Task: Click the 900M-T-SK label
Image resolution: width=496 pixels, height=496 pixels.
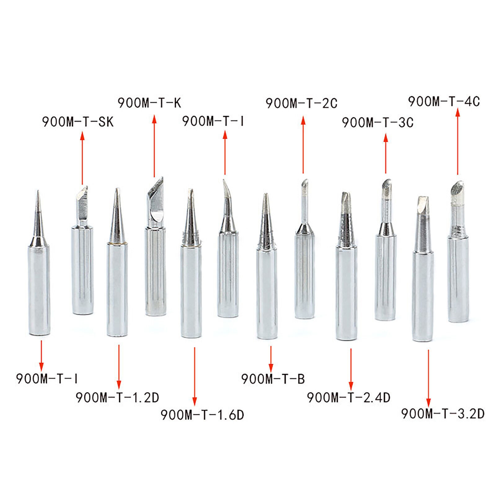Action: pos(78,122)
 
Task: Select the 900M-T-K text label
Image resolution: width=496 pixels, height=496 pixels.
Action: pos(149,103)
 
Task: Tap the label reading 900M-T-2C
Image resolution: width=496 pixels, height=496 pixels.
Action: pos(302,103)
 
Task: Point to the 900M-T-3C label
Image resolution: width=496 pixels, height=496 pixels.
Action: pos(378,122)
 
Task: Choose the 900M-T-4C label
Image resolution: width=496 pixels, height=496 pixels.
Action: pos(444,101)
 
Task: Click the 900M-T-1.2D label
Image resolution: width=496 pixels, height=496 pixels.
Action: pos(117,397)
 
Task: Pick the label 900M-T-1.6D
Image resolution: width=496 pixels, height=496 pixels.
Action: pos(202,415)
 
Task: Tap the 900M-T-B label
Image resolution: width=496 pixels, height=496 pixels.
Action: pos(273,379)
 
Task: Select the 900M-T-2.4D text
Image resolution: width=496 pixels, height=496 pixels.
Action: pos(349,397)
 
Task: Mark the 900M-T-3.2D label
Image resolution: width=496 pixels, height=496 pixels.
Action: pos(443,414)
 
